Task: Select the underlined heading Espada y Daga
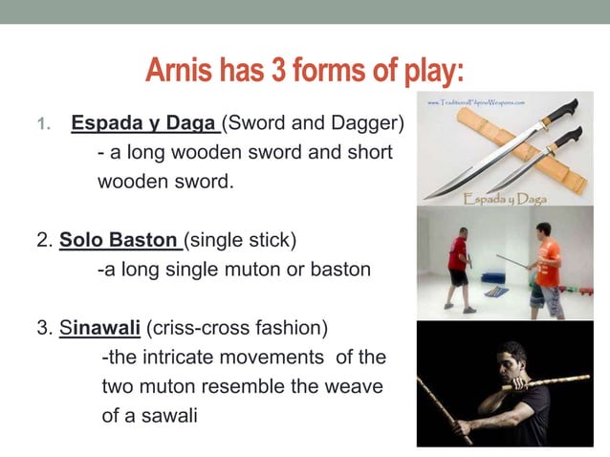point(145,124)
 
